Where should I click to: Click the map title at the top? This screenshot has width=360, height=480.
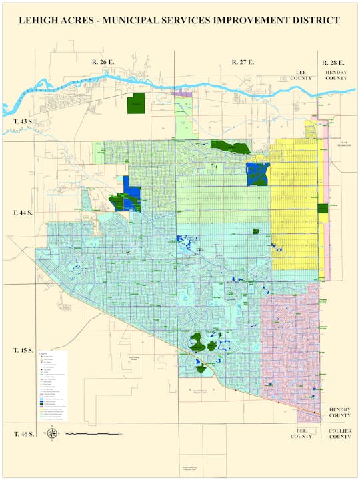click(179, 21)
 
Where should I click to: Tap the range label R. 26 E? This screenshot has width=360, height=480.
click(104, 62)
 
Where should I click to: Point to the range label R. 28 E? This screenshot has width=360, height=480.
click(334, 62)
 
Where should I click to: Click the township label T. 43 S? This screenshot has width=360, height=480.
click(22, 122)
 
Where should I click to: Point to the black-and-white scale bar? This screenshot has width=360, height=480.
click(93, 434)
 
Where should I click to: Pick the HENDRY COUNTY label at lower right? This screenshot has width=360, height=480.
click(339, 411)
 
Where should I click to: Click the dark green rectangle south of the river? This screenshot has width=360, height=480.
click(136, 103)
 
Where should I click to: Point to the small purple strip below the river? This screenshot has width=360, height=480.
click(181, 95)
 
